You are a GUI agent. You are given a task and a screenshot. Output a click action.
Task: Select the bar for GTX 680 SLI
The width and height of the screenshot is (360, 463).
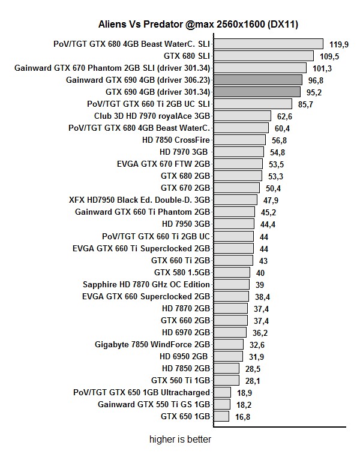[263, 56]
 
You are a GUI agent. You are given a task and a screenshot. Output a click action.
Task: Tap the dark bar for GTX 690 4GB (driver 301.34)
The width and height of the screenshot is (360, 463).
[257, 92]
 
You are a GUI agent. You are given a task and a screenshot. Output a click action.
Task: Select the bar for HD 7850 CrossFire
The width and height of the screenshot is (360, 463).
[239, 140]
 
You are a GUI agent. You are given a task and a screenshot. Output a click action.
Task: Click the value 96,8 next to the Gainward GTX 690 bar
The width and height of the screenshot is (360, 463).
[317, 80]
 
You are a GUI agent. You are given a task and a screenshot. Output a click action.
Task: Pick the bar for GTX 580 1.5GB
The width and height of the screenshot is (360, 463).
[232, 272]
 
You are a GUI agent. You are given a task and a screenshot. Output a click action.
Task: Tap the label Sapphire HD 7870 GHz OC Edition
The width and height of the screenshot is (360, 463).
[146, 284]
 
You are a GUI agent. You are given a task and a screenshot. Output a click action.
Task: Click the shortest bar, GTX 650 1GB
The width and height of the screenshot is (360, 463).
[221, 416]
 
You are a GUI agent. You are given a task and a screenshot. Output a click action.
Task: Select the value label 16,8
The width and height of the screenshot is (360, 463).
[243, 416]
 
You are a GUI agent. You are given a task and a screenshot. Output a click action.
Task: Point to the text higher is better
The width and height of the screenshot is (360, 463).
[180, 440]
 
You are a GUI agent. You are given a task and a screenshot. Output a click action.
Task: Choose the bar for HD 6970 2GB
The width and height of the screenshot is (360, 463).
[230, 332]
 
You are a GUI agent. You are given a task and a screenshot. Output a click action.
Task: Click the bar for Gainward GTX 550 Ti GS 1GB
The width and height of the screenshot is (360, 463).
[222, 404]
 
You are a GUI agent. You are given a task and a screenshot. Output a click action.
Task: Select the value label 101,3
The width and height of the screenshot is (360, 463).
[322, 68]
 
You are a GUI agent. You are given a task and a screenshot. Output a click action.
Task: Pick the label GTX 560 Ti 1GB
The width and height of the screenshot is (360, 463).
[180, 380]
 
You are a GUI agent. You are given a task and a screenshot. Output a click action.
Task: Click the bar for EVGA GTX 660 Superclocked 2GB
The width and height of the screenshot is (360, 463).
[231, 296]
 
